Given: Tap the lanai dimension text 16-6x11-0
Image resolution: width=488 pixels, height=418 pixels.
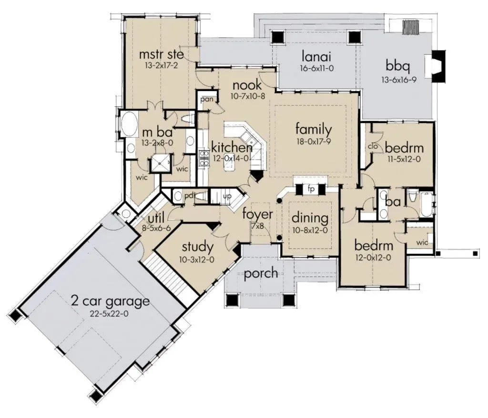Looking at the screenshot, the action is [x=316, y=68].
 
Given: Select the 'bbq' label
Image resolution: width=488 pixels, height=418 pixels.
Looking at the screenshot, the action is [x=397, y=67].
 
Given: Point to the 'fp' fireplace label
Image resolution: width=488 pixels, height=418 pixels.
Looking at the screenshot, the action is [x=311, y=189].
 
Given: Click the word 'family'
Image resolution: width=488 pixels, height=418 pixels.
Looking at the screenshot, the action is [x=314, y=130].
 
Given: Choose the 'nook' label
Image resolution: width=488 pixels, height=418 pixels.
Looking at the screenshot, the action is [x=247, y=85].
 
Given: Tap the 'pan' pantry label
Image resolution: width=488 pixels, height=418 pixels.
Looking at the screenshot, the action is [x=207, y=100].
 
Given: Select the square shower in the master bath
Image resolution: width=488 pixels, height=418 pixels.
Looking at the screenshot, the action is [x=161, y=163].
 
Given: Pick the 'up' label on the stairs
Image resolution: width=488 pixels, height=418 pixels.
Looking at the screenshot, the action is [x=227, y=197].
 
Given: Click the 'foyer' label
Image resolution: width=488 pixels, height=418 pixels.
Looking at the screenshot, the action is [x=257, y=214].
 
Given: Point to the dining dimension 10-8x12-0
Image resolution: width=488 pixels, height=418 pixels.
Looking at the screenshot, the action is [x=310, y=231].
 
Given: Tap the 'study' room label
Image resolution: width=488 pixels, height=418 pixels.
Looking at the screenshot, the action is [x=198, y=247].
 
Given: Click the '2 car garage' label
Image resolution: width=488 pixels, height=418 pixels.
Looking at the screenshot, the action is [x=110, y=301].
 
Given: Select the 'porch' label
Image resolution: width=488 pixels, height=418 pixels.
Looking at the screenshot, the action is [x=261, y=273].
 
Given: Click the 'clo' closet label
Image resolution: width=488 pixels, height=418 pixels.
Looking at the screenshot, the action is [x=373, y=146].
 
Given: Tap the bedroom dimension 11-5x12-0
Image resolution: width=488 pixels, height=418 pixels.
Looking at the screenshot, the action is [x=404, y=159].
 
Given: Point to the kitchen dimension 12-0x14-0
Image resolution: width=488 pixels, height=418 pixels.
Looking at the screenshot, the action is [x=231, y=158].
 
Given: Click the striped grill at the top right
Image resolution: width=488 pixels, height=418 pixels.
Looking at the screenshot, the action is [x=412, y=27].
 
